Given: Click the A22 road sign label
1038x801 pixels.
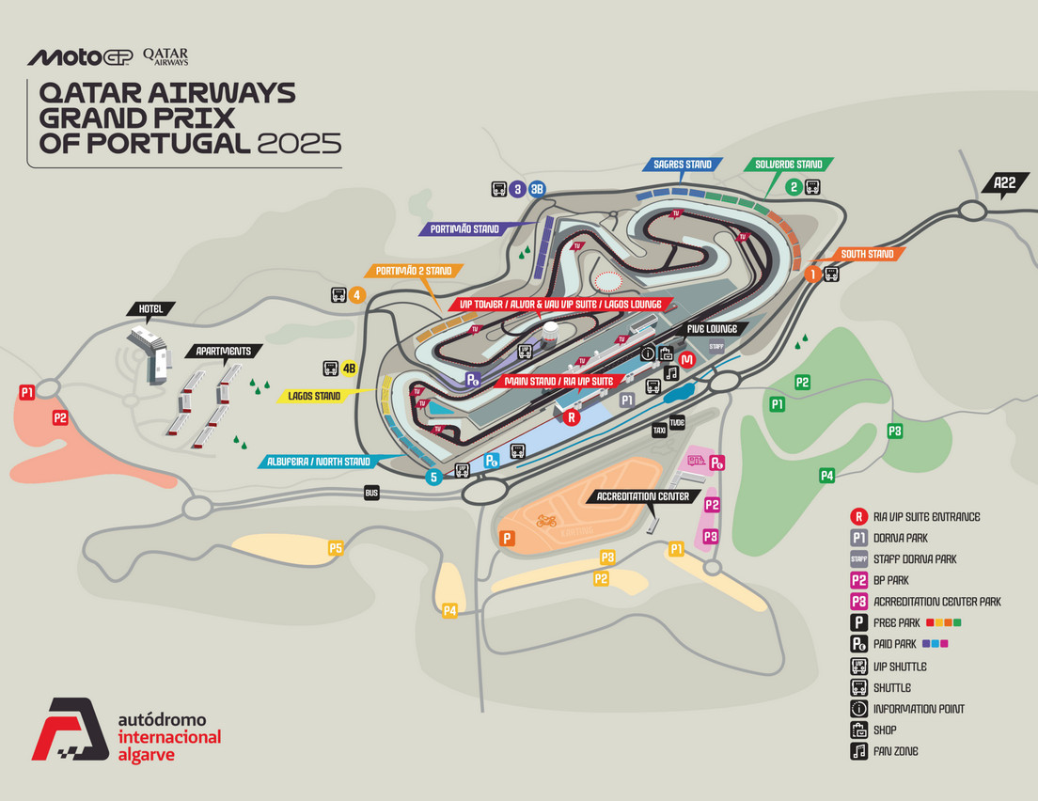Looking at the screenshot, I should (x=1004, y=183).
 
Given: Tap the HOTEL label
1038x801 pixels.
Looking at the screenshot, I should (x=151, y=308).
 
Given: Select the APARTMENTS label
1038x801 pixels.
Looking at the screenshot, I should (x=223, y=351).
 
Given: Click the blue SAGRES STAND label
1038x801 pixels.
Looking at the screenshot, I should (x=684, y=165).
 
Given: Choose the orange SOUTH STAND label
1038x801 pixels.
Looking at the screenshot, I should (x=867, y=254).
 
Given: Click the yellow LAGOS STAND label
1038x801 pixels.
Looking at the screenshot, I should (x=314, y=396).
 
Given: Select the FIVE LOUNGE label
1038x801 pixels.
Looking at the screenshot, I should (x=716, y=328).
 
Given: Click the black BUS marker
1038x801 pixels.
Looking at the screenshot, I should (x=372, y=493).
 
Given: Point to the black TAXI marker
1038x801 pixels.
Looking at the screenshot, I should (x=659, y=431).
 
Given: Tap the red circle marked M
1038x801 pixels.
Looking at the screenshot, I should (x=687, y=359).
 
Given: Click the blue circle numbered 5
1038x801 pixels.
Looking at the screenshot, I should (x=433, y=477).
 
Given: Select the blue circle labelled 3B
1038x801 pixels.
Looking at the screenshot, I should (x=537, y=189).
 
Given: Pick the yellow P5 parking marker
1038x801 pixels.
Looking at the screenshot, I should (x=336, y=547).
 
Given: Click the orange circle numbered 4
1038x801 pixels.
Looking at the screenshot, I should (x=356, y=294).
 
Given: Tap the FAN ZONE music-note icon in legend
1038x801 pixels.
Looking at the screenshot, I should (x=857, y=751).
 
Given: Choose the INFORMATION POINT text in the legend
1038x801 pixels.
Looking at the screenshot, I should (x=919, y=709).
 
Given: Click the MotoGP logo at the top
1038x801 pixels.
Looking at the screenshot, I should (x=80, y=57).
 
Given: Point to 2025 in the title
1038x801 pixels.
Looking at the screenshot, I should (x=299, y=144).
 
